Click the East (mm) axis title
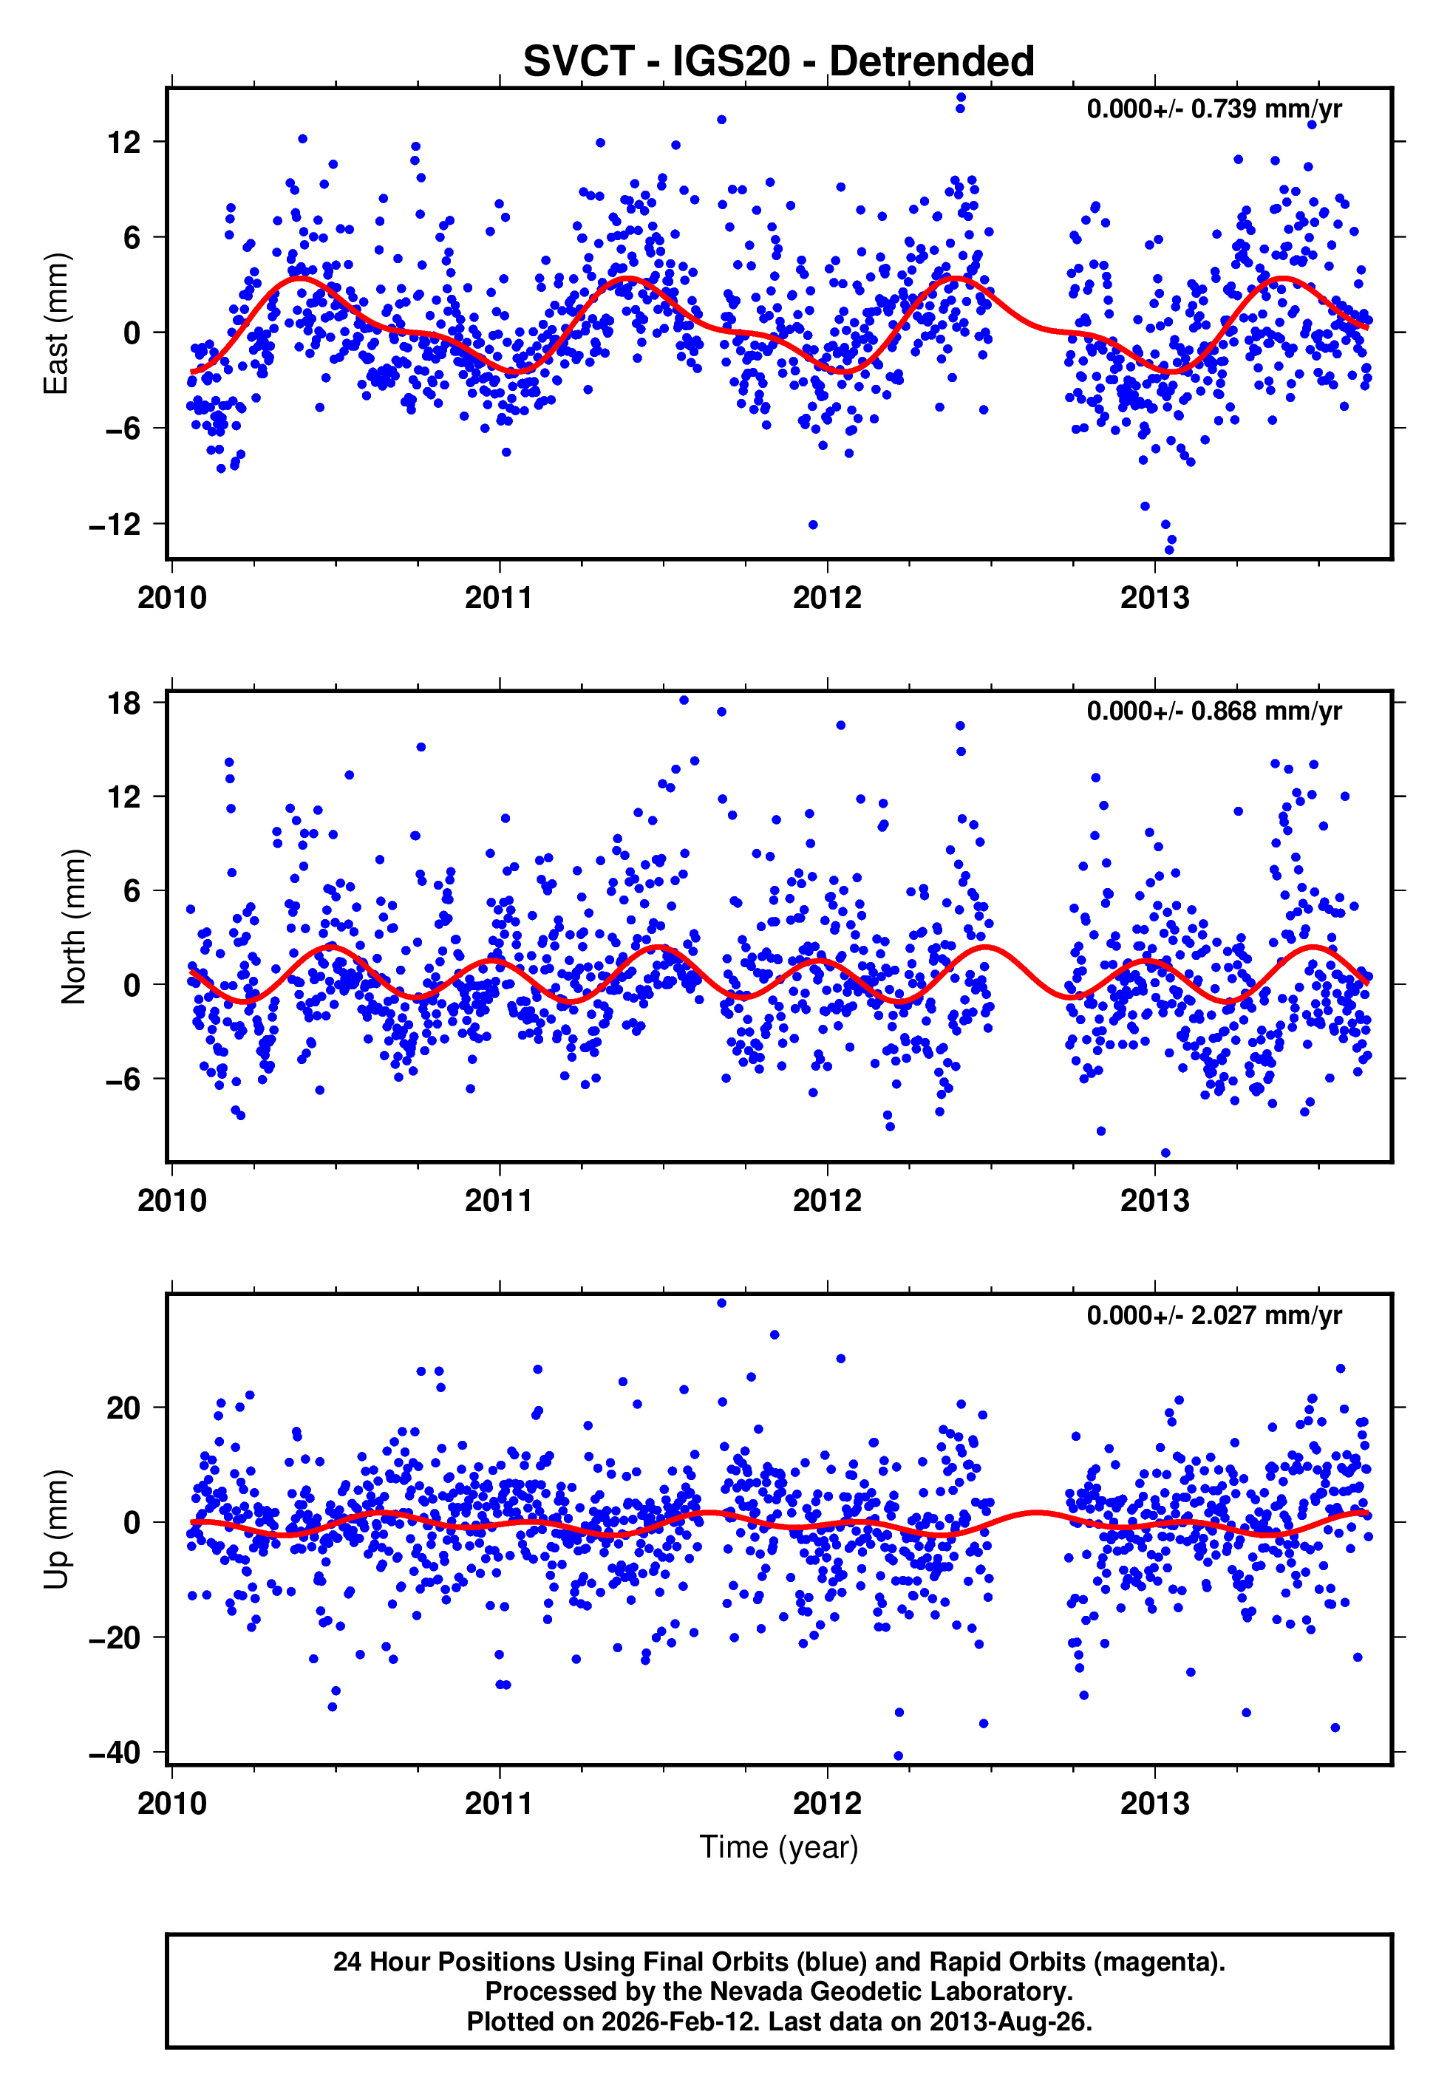[56, 324]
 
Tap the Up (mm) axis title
[56, 1529]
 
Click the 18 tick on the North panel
[123, 703]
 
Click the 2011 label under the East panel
[499, 598]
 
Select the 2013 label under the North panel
[1154, 1201]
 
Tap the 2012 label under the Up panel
[827, 1804]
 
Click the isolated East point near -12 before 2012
[813, 525]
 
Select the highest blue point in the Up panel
[721, 1303]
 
